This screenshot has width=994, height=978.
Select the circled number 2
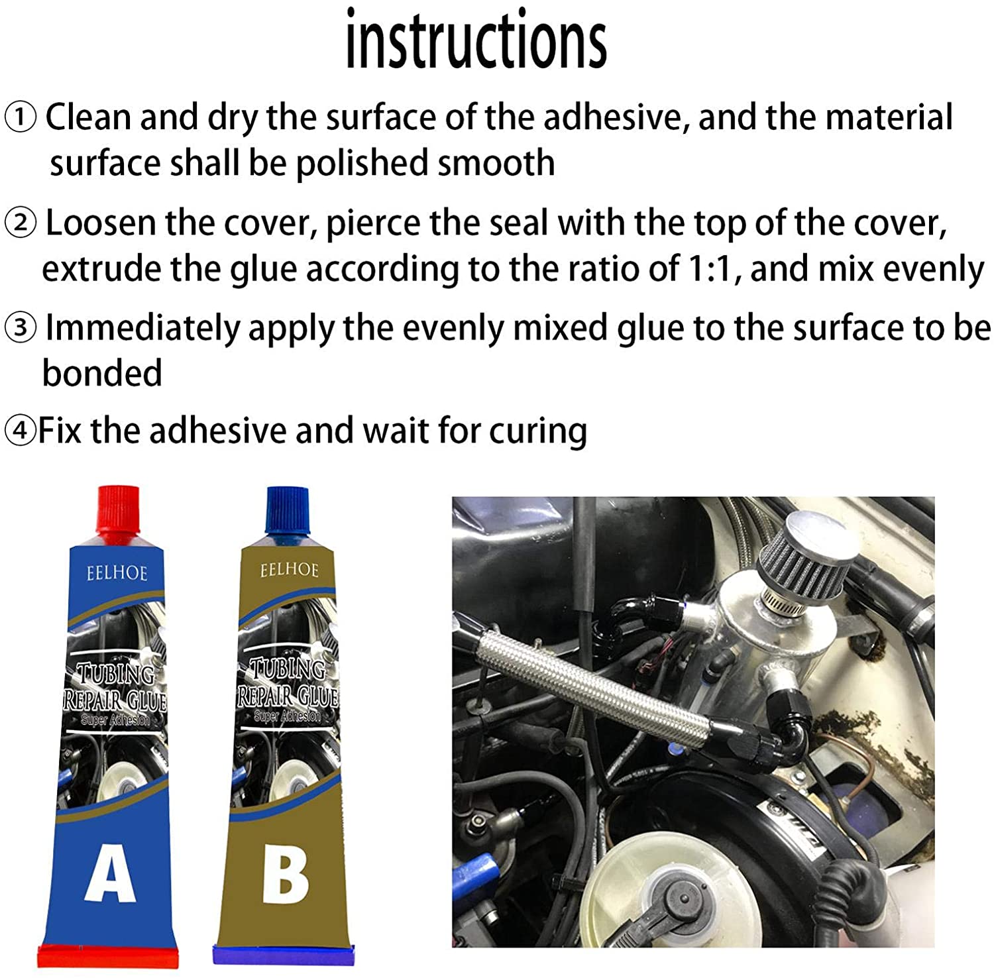pos(21,224)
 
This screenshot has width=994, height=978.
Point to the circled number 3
pos(21,328)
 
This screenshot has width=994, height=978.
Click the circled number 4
pos(19,431)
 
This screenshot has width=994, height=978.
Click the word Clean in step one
pos(87,117)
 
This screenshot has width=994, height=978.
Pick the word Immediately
pos(142,328)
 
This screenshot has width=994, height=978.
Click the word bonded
pos(102,373)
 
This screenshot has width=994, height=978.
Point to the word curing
pos(538,431)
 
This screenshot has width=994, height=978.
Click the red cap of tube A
pos(119,510)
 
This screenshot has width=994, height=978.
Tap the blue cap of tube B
pos(287,510)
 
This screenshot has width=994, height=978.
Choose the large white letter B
pos(285,876)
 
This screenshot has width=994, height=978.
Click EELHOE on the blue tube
pos(117,572)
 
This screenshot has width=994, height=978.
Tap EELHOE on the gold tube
pos(289,570)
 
